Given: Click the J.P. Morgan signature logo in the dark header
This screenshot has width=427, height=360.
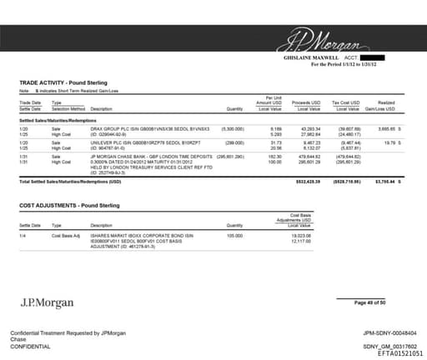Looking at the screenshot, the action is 326,40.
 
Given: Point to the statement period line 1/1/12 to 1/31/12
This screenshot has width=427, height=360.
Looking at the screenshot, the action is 344,64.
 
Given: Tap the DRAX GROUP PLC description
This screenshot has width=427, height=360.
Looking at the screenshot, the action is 138,128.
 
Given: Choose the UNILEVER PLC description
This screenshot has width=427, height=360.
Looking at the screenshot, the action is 138,142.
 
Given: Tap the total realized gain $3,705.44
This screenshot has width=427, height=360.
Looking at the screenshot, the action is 384,180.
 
